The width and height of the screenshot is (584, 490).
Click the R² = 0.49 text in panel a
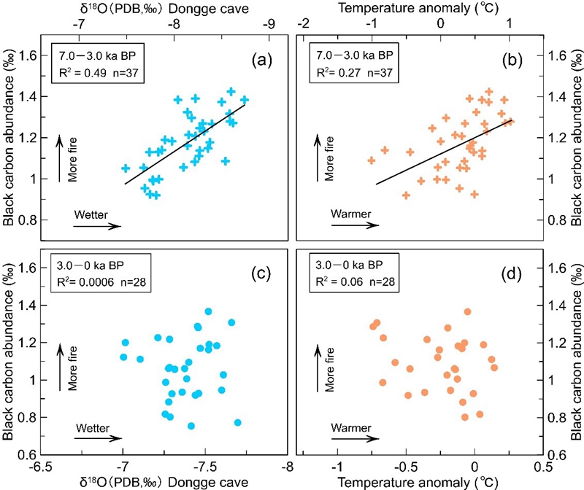[81, 71]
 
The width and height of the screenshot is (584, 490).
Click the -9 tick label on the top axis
[270, 23]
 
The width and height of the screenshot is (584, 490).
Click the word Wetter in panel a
[91, 214]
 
